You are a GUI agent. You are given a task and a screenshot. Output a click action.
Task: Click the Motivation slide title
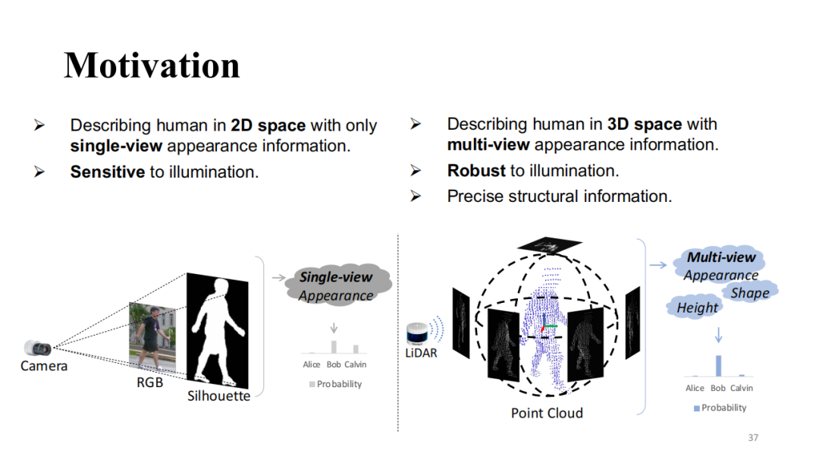(152, 65)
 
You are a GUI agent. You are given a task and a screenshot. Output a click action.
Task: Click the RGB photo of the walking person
(154, 339)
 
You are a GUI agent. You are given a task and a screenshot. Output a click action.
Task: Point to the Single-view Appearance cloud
(337, 286)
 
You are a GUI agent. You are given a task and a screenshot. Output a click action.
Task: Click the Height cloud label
(697, 307)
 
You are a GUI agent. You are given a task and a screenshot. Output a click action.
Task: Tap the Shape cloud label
(750, 293)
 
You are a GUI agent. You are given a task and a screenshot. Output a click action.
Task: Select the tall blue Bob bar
(718, 365)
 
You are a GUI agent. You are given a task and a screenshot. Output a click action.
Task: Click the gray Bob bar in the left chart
(334, 347)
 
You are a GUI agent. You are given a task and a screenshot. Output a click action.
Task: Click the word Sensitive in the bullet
(108, 172)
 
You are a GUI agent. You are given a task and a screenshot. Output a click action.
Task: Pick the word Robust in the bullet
(476, 170)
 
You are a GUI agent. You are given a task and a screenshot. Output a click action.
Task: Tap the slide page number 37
(753, 437)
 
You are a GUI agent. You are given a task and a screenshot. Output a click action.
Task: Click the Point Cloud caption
(547, 413)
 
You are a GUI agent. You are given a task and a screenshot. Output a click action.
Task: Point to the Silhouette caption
(219, 395)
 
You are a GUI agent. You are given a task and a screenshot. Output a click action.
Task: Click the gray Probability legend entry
(335, 384)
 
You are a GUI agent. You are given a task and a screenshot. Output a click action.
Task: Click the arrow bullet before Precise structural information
(416, 196)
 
